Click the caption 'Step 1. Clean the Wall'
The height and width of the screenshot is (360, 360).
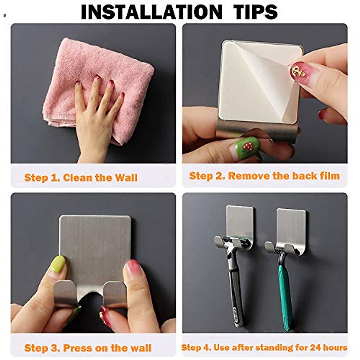click(x=81, y=178)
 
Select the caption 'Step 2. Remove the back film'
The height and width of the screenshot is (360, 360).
click(x=264, y=176)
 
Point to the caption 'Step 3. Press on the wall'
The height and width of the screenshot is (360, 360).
click(x=88, y=348)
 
